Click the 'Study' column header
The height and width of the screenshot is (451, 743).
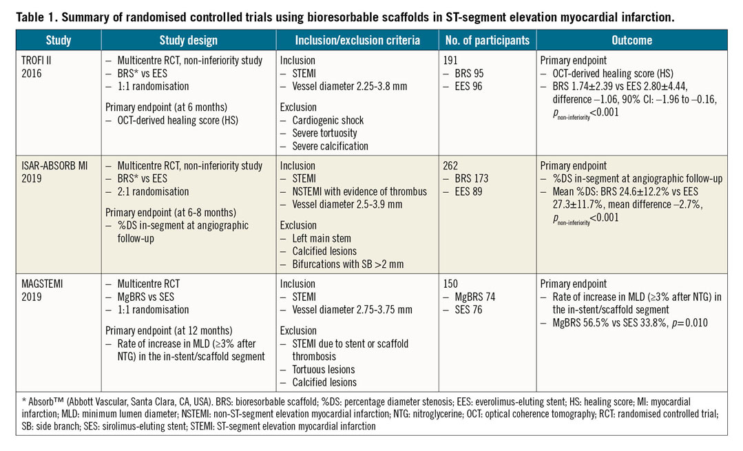click(x=59, y=41)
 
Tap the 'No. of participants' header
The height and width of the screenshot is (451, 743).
click(x=487, y=41)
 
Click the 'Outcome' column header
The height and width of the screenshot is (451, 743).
click(x=631, y=41)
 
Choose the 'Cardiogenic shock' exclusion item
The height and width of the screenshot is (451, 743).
click(x=324, y=120)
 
